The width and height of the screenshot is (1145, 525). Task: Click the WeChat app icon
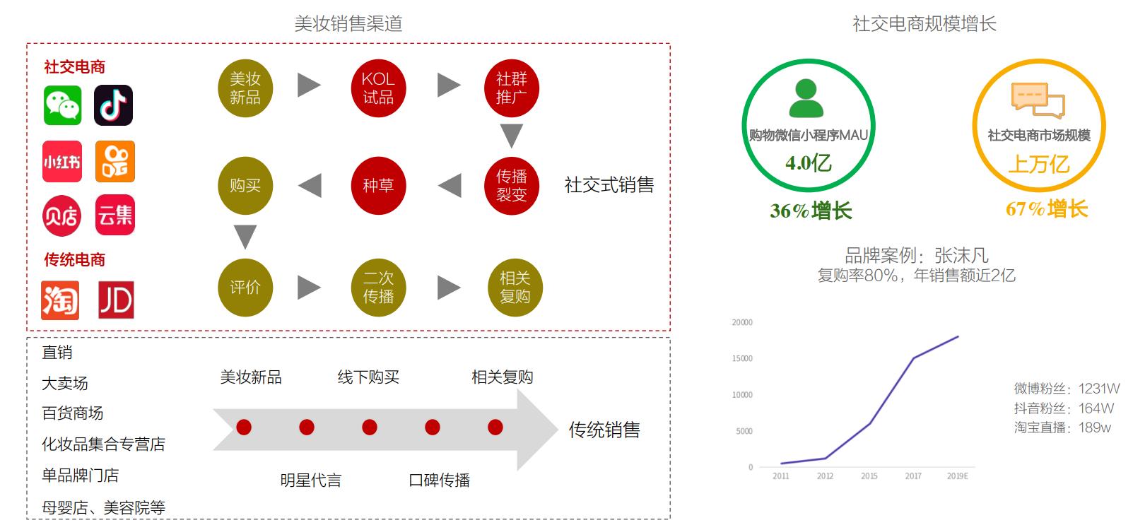click(62, 105)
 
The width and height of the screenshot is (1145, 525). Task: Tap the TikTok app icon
click(114, 105)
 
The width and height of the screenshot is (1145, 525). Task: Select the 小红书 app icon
click(62, 162)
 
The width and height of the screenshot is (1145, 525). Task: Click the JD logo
click(116, 300)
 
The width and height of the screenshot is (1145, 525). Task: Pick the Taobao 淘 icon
click(60, 300)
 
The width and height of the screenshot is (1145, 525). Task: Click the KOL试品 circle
click(378, 88)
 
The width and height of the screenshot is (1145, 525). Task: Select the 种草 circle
click(378, 185)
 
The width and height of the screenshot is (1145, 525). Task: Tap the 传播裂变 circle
click(512, 185)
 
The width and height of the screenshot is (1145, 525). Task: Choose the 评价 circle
click(245, 288)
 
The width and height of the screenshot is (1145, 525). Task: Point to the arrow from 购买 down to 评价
click(245, 236)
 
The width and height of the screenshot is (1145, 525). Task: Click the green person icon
click(806, 98)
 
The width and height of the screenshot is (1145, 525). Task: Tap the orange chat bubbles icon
click(1038, 100)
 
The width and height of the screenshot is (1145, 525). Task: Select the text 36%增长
click(811, 211)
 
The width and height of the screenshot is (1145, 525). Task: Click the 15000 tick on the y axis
click(742, 358)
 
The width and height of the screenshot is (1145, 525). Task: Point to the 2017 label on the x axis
click(913, 476)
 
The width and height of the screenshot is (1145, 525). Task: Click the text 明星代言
click(311, 480)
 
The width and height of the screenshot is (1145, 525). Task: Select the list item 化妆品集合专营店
click(103, 444)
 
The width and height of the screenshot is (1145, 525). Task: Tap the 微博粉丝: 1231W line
click(1067, 389)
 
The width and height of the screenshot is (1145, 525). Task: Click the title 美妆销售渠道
click(348, 23)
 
